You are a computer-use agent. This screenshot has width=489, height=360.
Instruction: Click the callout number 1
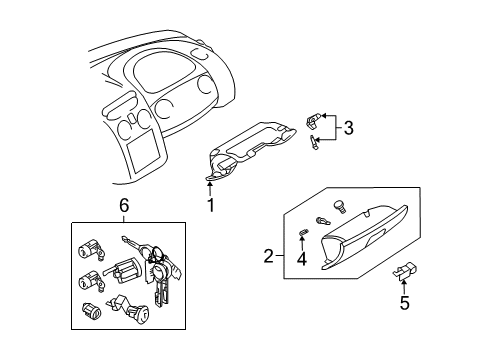[x=211, y=206]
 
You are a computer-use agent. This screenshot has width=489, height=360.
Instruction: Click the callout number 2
[x=269, y=257]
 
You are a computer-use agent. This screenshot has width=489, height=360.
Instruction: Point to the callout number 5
[x=404, y=303]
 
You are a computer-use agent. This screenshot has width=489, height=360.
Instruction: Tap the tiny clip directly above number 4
[x=302, y=233]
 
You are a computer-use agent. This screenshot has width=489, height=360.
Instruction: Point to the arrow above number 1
[x=211, y=185]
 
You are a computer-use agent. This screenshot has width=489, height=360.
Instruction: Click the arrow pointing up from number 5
[x=404, y=285]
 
